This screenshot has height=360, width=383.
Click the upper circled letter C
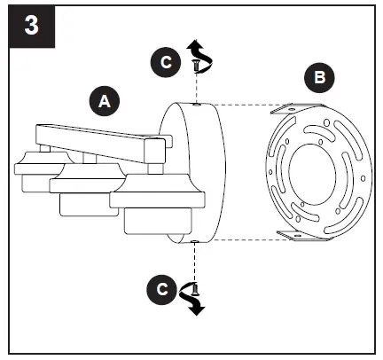click(163, 62)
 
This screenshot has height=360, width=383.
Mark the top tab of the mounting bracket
click(294, 111)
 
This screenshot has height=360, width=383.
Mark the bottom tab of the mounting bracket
click(294, 234)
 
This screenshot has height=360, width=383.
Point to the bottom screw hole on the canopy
click(194, 240)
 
